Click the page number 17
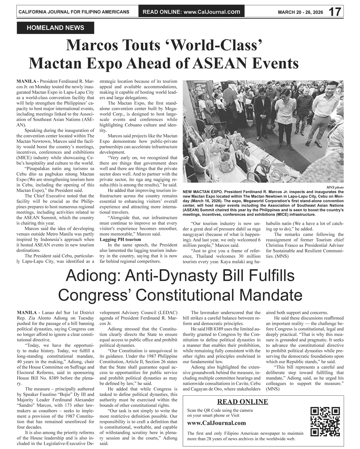click(335, 12)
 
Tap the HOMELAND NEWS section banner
click(55, 28)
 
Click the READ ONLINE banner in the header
click(191, 12)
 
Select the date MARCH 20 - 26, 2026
click(300, 12)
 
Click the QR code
click(325, 421)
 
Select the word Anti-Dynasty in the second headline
click(169, 277)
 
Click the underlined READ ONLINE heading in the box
click(242, 402)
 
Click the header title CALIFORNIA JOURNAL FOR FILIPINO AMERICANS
click(74, 12)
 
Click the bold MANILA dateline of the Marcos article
click(27, 82)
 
